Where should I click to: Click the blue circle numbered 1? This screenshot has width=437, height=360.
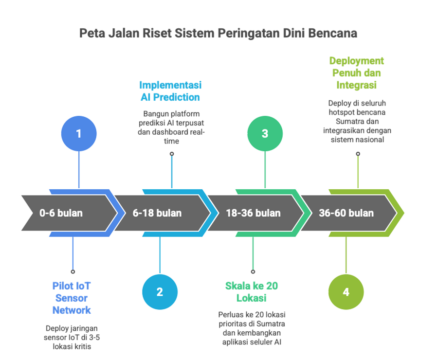pyautogui.click(x=78, y=133)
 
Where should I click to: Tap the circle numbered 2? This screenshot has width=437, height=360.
pyautogui.click(x=160, y=292)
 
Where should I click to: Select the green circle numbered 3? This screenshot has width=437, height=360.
pyautogui.click(x=265, y=133)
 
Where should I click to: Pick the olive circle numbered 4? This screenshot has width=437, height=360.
pyautogui.click(x=346, y=292)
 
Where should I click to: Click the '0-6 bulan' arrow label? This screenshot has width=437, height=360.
pyautogui.click(x=61, y=213)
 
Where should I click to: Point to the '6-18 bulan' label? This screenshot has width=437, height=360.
pyautogui.click(x=157, y=213)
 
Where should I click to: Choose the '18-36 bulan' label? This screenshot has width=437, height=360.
pyautogui.click(x=253, y=213)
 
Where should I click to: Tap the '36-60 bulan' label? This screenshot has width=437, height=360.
pyautogui.click(x=346, y=213)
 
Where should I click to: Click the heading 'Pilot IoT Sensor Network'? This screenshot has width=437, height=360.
pyautogui.click(x=73, y=297)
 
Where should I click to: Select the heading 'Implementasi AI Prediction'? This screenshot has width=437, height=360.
pyautogui.click(x=171, y=91)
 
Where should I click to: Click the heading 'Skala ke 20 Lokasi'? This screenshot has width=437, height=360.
pyautogui.click(x=252, y=291)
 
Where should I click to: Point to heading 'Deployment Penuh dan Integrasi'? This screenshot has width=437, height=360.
pyautogui.click(x=357, y=73)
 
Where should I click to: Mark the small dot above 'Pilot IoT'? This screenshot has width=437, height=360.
pyautogui.click(x=73, y=271)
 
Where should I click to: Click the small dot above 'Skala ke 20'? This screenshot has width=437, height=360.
pyautogui.click(x=253, y=271)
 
